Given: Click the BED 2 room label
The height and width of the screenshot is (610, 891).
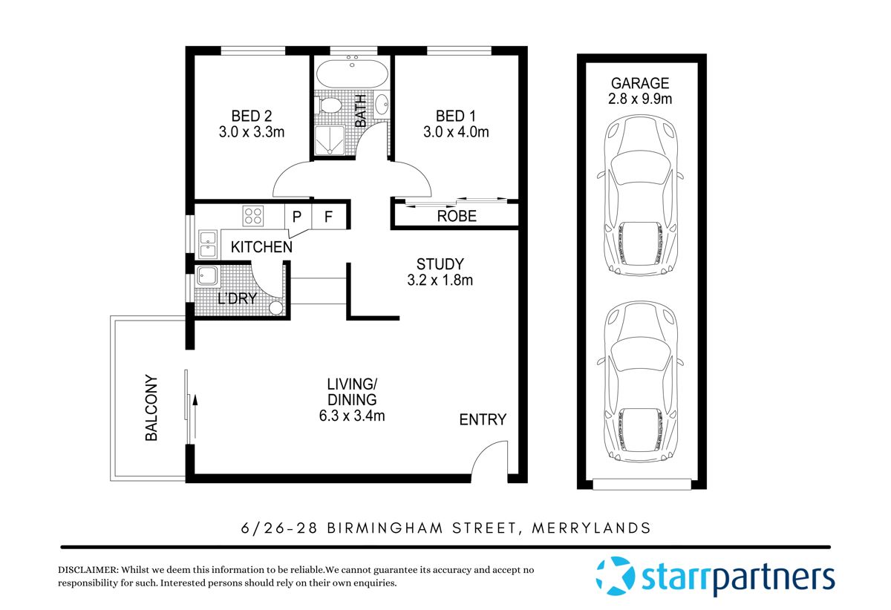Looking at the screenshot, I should pos(251,116).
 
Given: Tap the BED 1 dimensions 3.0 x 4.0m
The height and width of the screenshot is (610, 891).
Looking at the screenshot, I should pos(456,133).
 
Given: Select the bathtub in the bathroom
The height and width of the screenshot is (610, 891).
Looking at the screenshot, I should pos(351,75).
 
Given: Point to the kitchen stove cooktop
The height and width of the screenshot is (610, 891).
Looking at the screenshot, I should pos(253,215).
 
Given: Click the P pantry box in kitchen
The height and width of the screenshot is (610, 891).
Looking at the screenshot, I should pos(297,217).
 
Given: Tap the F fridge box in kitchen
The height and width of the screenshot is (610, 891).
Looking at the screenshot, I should pos(327,217).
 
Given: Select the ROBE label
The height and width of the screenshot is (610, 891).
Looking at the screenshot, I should pos(456,217).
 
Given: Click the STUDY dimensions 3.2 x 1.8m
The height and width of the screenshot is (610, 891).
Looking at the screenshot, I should pos(440,281).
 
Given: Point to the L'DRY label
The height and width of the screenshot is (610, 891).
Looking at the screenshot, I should pos(237,298).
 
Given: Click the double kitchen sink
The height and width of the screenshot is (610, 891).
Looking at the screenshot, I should pos(207,244).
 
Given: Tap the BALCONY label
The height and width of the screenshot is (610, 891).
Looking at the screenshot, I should pos(151,407).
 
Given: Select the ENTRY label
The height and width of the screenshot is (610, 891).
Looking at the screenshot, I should pos(483,419).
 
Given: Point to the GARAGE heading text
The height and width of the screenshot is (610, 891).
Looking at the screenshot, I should pos(640,83).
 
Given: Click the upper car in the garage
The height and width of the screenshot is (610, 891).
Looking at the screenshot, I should pos(640,197).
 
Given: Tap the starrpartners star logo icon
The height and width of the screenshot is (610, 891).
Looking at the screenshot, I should pos(615,576).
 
